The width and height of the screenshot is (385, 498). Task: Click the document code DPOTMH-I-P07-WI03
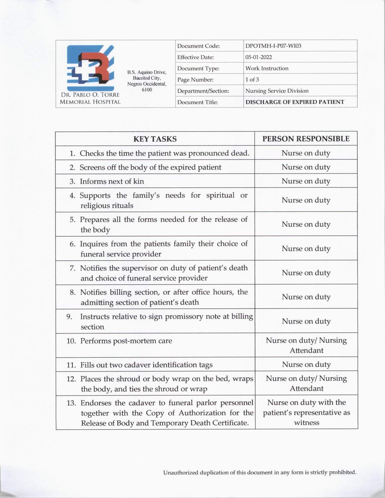pos(273,46)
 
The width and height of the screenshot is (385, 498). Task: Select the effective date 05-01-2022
pos(258,57)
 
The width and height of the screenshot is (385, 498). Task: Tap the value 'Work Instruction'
pos(267,68)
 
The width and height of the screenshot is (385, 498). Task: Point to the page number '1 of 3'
pos(252,79)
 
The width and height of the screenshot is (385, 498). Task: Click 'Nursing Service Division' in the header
pos(277,91)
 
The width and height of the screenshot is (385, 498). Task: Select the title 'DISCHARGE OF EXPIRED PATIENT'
pos(294,102)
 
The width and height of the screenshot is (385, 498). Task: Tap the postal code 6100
pos(147,90)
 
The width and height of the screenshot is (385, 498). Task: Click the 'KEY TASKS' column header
pos(155,139)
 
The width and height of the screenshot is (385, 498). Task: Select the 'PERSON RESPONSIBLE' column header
pos(306,139)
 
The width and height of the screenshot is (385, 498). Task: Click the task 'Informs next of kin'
pos(112,181)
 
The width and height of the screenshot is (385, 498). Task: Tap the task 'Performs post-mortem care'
pos(126,341)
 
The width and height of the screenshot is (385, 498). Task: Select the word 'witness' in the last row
pos(306,423)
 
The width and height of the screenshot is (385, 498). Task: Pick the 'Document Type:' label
pos(198,69)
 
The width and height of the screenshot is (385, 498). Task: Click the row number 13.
pos(71,403)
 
